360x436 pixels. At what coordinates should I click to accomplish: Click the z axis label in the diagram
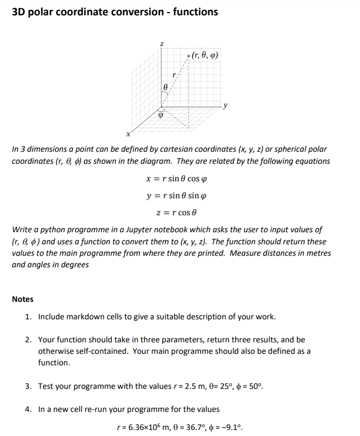162,43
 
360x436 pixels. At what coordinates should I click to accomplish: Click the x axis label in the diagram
128,133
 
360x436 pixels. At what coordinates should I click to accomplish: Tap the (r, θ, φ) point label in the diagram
205,55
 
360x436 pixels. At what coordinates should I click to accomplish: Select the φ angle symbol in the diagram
161,116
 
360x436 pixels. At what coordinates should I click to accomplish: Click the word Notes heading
22,299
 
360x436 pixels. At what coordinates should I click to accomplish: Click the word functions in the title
196,12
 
